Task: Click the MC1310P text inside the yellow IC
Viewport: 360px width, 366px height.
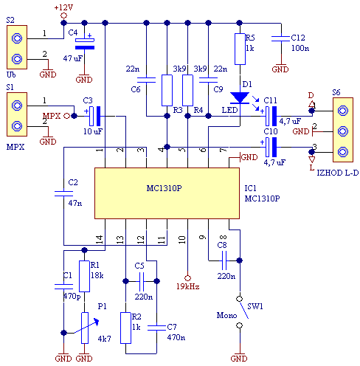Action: click(x=164, y=188)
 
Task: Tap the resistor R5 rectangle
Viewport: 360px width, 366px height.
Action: click(x=240, y=49)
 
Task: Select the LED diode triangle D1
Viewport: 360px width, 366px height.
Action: click(x=240, y=98)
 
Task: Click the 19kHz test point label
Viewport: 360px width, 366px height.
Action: click(x=188, y=286)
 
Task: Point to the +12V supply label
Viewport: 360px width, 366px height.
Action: click(x=63, y=7)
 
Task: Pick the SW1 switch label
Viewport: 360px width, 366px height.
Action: click(x=255, y=306)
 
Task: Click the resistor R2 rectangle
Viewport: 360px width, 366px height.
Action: click(x=125, y=328)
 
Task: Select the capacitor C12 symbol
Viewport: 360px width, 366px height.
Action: click(x=281, y=38)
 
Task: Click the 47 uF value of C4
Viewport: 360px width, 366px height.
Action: click(x=73, y=58)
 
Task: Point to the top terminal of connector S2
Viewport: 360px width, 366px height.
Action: click(x=17, y=38)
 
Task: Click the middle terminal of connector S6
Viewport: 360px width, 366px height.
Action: click(x=343, y=131)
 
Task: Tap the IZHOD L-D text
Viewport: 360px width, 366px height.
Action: click(x=337, y=173)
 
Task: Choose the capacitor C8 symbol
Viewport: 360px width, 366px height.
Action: click(x=224, y=260)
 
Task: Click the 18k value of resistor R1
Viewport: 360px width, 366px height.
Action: click(x=97, y=275)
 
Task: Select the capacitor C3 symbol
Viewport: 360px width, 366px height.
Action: click(x=95, y=116)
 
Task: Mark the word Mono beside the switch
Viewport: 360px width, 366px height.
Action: click(x=226, y=315)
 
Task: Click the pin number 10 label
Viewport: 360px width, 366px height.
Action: click(x=182, y=239)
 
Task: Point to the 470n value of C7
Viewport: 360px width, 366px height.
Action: click(x=176, y=337)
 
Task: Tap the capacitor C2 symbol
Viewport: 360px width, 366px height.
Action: click(x=63, y=193)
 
